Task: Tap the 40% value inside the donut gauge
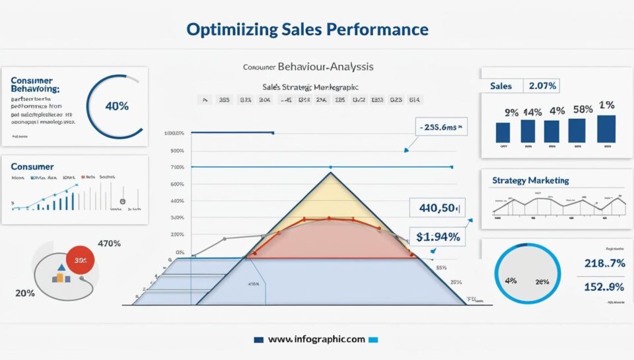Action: pyautogui.click(x=117, y=106)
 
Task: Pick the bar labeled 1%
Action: pyautogui.click(x=606, y=129)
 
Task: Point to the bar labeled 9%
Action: pyautogui.click(x=503, y=132)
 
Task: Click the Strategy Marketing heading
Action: pyautogui.click(x=530, y=180)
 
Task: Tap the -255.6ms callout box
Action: pyautogui.click(x=441, y=127)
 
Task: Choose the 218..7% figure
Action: pyautogui.click(x=604, y=263)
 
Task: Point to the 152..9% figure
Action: pyautogui.click(x=604, y=287)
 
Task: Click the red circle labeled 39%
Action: pyautogui.click(x=81, y=261)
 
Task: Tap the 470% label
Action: pyautogui.click(x=109, y=243)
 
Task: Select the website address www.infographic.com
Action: pyautogui.click(x=316, y=340)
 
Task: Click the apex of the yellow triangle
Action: pyautogui.click(x=330, y=172)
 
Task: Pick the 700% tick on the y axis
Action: pyautogui.click(x=176, y=167)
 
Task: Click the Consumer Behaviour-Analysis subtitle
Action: pyautogui.click(x=308, y=67)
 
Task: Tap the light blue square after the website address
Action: pyautogui.click(x=374, y=340)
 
